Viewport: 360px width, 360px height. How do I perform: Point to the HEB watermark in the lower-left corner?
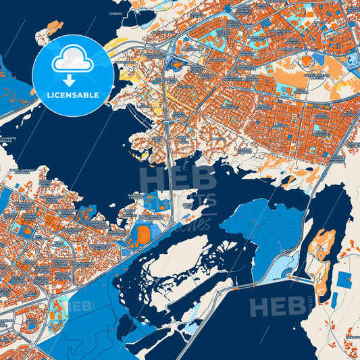click(x=79, y=305)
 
